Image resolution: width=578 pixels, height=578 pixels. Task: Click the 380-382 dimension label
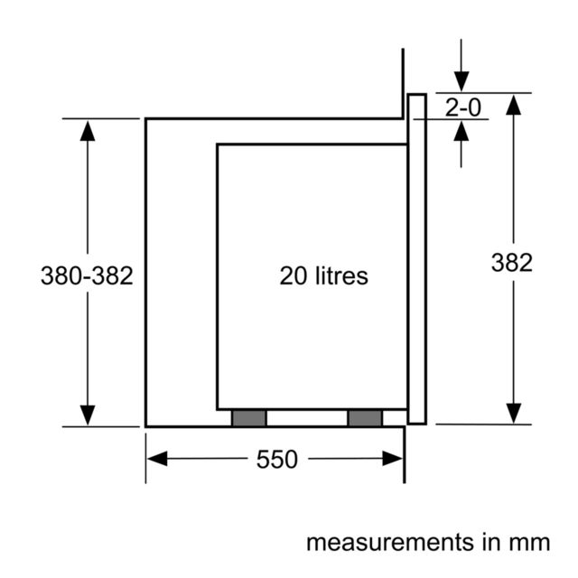(87, 275)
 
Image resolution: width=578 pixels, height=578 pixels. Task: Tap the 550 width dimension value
(277, 460)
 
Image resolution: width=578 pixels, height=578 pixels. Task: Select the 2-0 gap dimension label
(463, 107)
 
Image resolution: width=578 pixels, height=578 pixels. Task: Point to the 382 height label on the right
(512, 263)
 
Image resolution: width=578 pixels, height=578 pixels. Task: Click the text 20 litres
(323, 275)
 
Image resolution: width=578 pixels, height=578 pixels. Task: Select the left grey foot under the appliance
(249, 418)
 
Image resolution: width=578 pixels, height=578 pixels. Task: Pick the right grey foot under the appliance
(365, 418)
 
